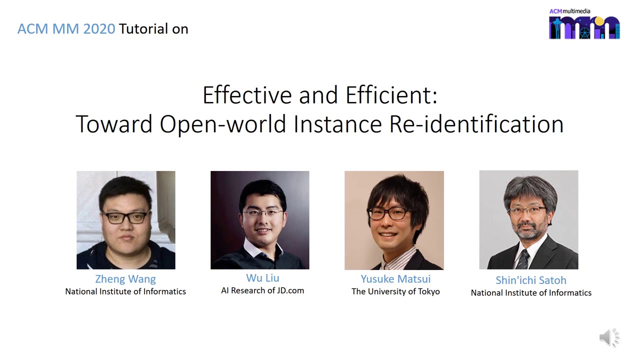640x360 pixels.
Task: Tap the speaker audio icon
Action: point(608,338)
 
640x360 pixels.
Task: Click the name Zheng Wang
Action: point(125,279)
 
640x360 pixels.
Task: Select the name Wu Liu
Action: point(262,278)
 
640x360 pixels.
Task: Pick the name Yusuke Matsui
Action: point(395,279)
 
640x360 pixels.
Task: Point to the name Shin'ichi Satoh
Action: point(530,280)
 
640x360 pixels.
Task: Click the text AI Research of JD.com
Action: point(262,290)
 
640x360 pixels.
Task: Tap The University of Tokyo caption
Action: point(395,291)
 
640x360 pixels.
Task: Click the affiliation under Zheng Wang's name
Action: point(125,291)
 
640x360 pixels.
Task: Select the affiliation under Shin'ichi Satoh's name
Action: point(531,293)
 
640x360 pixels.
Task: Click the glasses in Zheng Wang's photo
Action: point(125,217)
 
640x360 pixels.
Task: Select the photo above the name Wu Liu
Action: point(260,220)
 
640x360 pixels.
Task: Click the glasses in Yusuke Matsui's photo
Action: point(388,213)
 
